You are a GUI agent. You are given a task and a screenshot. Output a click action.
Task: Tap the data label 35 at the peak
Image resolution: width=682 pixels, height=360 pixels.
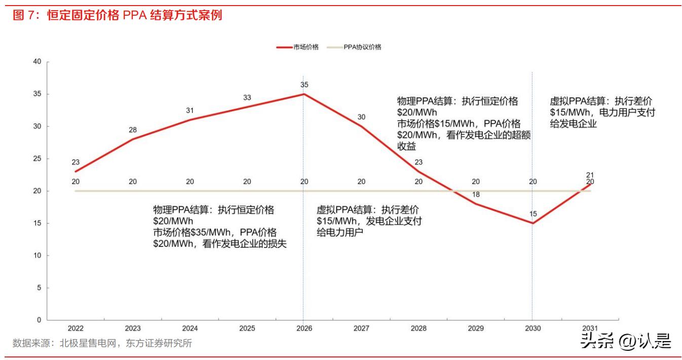[304, 85]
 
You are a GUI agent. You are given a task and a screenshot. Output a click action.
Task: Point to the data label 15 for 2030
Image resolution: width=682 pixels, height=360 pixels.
[533, 214]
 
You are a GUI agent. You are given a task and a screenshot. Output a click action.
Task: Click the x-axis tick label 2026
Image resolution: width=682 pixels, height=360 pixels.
[304, 329]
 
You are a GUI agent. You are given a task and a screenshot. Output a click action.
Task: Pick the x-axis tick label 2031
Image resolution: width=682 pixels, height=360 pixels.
[590, 329]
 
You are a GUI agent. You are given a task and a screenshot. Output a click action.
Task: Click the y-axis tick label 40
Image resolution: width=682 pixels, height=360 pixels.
[36, 62]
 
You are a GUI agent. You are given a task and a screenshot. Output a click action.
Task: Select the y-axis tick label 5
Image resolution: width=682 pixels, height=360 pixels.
[39, 288]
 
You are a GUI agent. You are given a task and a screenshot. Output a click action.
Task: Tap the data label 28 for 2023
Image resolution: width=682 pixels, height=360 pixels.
[133, 130]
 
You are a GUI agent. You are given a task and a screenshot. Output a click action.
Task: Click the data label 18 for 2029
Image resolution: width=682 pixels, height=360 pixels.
[476, 195]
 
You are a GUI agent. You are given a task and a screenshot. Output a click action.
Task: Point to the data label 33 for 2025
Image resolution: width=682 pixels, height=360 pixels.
[247, 97]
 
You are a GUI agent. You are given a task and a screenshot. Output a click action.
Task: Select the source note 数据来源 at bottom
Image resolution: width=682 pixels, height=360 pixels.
[102, 343]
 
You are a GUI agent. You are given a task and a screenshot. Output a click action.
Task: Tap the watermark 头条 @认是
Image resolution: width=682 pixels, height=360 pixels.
[625, 340]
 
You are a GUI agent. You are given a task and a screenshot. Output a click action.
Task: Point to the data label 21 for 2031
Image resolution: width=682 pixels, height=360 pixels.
[590, 175]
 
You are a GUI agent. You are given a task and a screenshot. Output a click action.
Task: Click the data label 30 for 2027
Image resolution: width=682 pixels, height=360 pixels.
[361, 117]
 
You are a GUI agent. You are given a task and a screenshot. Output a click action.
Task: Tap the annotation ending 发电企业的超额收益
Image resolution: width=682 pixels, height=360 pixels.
[463, 123]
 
